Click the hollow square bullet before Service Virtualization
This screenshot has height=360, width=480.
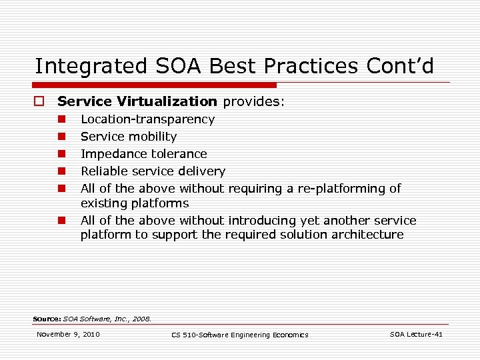pyautogui.click(x=39, y=102)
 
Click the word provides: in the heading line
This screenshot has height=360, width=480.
pyautogui.click(x=253, y=102)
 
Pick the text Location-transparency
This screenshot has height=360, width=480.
pyautogui.click(x=147, y=119)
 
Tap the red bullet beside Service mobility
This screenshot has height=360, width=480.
pyautogui.click(x=60, y=137)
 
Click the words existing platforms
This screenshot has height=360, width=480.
pyautogui.click(x=135, y=203)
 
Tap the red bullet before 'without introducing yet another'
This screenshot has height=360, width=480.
pyautogui.click(x=60, y=221)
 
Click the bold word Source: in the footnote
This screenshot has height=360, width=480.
pyautogui.click(x=47, y=319)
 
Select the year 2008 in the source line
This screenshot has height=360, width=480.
pyautogui.click(x=141, y=319)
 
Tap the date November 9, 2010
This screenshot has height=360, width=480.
pyautogui.click(x=68, y=334)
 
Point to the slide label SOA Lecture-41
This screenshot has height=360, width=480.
pyautogui.click(x=416, y=334)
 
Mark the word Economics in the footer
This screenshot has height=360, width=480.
pyautogui.click(x=289, y=335)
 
